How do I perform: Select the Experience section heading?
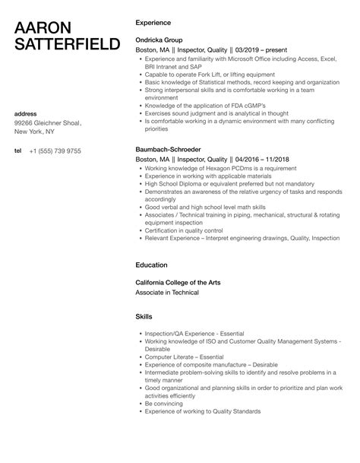tap(153, 23)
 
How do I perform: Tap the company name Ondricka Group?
tap(160, 39)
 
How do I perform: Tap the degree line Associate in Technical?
tap(166, 292)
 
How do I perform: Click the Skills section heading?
tap(144, 316)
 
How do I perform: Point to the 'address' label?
tap(27, 114)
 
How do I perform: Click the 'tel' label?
tap(18, 151)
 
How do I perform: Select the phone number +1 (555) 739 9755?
tap(55, 151)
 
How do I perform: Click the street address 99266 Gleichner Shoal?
tap(48, 123)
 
